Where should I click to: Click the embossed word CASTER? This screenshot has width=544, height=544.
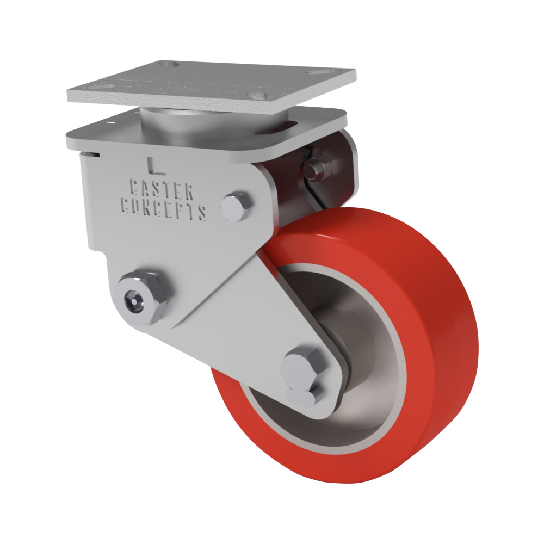point(162,190)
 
